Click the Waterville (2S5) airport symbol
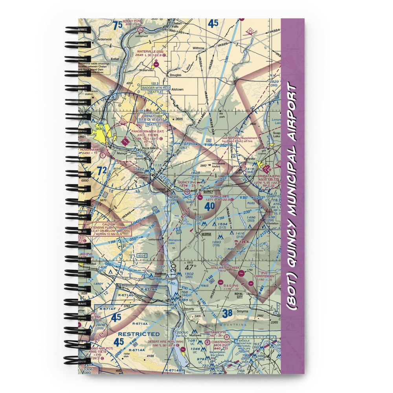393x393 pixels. (156, 63)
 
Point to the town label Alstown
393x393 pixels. (177, 90)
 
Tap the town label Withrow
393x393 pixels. (198, 48)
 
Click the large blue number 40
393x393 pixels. (210, 205)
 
